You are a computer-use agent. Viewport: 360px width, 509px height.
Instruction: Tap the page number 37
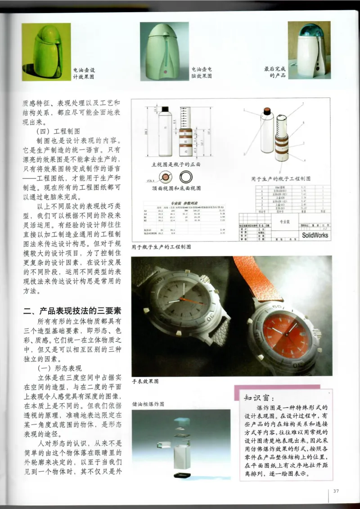click(x=336, y=491)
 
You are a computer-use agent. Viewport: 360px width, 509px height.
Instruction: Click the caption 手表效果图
click(x=146, y=381)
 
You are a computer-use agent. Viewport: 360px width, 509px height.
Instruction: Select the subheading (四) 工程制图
click(x=58, y=131)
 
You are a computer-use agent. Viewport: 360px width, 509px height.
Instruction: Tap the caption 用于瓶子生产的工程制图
click(x=161, y=246)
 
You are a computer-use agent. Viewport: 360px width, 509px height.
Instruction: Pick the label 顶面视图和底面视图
click(x=176, y=187)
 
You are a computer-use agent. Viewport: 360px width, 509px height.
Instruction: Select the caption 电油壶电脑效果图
click(x=202, y=72)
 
